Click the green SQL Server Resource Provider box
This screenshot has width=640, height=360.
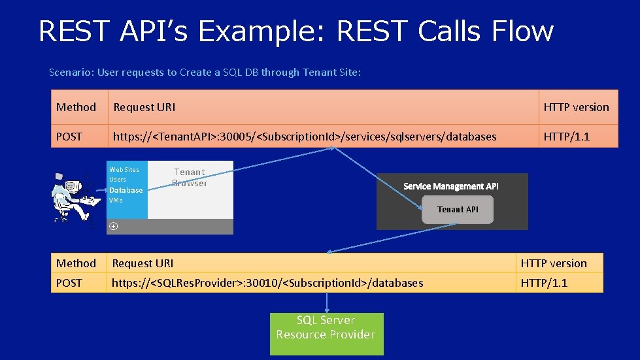(x=326, y=333)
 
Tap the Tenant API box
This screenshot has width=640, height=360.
(x=458, y=210)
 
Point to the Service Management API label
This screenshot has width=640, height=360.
(x=450, y=186)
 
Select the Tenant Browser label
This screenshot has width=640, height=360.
(x=190, y=177)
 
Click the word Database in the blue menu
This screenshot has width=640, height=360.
(x=126, y=190)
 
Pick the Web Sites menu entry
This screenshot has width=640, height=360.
(x=124, y=170)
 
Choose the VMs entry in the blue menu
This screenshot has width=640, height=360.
(x=116, y=201)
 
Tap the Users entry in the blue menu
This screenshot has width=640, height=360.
(x=118, y=180)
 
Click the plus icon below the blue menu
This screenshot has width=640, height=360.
(x=114, y=226)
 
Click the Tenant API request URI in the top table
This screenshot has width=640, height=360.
(x=305, y=137)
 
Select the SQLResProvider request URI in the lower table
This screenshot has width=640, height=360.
(x=267, y=283)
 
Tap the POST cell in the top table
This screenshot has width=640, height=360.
(x=69, y=137)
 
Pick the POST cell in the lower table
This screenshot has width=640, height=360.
(x=69, y=283)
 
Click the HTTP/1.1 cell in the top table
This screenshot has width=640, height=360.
(x=566, y=137)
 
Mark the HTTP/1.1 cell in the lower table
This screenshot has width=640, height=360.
(x=544, y=283)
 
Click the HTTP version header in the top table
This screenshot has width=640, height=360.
(x=576, y=107)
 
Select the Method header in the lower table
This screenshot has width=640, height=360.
(x=76, y=263)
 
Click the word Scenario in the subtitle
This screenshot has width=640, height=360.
(x=71, y=73)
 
